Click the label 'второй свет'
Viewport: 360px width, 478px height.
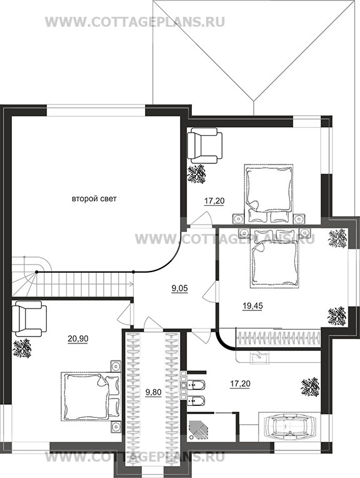94,199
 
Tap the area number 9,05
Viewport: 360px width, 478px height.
179,288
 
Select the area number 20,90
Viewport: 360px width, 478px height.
77,338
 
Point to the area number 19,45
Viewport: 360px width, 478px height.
252,306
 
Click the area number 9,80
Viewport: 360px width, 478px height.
153,393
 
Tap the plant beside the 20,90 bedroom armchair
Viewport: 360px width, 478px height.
22,348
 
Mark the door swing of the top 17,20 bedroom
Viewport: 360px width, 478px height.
202,220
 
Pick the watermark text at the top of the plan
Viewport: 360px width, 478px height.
135,22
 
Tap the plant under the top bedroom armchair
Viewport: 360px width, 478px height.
197,174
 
